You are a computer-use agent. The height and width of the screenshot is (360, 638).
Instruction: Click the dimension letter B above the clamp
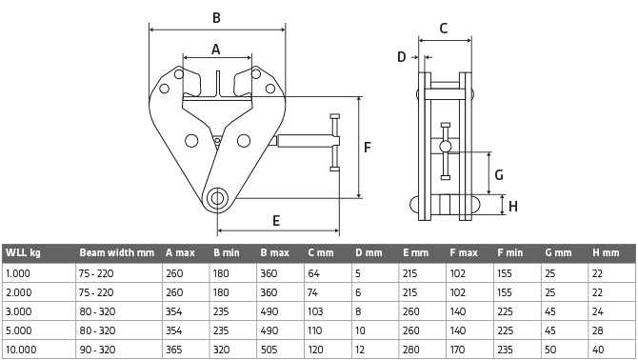click(x=216, y=18)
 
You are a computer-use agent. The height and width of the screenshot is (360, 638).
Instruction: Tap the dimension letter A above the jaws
click(x=215, y=50)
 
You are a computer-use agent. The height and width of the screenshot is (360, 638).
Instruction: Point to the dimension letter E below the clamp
click(x=276, y=221)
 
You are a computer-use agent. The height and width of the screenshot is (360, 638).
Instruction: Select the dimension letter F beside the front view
click(x=368, y=148)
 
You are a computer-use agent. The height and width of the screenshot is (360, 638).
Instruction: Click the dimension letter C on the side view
click(x=444, y=28)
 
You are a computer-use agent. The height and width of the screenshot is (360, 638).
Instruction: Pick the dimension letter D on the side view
click(x=402, y=57)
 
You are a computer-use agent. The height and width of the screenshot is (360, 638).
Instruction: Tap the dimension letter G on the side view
click(x=499, y=175)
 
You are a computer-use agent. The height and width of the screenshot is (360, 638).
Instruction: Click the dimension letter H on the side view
click(x=513, y=207)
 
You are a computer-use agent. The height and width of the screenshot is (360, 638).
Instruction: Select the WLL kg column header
click(x=23, y=252)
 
